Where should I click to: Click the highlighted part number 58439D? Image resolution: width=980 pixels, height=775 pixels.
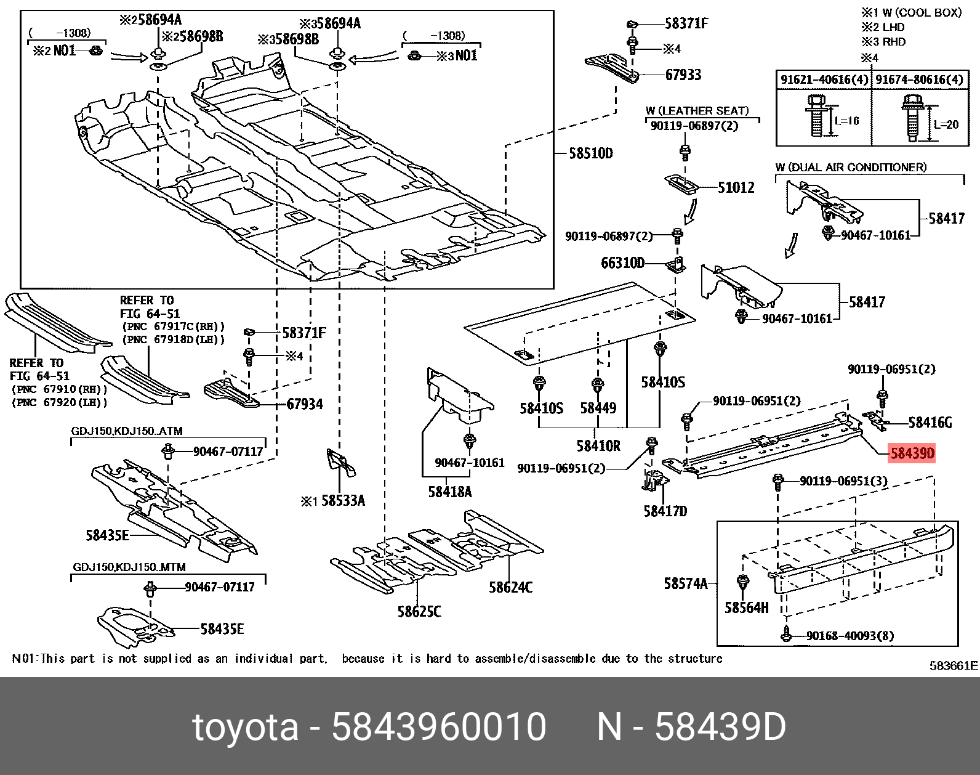tap(912, 455)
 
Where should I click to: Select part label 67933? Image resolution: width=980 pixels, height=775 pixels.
tap(683, 75)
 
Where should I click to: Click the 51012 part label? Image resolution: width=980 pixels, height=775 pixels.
tap(736, 187)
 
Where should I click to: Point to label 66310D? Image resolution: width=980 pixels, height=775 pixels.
tap(622, 263)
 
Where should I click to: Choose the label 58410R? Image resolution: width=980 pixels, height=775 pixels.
tap(598, 445)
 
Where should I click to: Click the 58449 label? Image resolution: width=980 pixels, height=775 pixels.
tap(598, 408)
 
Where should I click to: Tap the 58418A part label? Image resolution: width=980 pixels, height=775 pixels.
tap(449, 492)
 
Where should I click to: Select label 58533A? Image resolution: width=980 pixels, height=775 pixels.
tap(343, 501)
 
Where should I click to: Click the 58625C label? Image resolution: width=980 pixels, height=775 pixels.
tap(419, 612)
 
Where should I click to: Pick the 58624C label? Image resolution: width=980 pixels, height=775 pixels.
tap(511, 587)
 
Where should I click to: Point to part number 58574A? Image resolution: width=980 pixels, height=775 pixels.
tap(685, 583)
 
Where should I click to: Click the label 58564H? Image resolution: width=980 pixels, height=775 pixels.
tap(746, 608)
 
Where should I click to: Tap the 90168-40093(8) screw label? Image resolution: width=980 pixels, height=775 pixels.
tap(846, 635)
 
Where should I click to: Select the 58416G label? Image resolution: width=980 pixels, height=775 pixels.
tap(930, 423)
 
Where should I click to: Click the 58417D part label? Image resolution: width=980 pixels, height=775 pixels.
tap(665, 511)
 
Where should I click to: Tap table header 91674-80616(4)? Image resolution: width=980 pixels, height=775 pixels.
tap(919, 79)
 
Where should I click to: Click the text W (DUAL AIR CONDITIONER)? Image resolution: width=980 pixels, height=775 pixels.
tap(851, 168)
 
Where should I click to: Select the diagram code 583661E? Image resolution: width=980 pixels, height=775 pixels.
tap(953, 665)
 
